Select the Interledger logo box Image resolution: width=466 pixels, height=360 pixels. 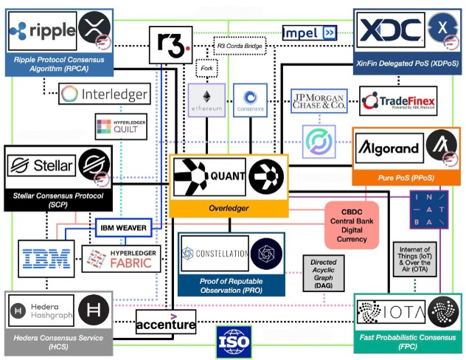[104, 94]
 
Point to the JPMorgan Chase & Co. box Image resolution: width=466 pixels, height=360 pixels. [319, 101]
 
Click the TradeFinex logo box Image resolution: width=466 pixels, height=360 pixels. [398, 101]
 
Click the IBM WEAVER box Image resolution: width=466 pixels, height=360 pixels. [123, 227]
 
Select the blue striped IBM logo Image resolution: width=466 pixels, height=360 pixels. [46, 258]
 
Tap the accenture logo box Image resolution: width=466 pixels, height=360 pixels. [166, 322]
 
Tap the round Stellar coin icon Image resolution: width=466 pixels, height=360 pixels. [94, 164]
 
